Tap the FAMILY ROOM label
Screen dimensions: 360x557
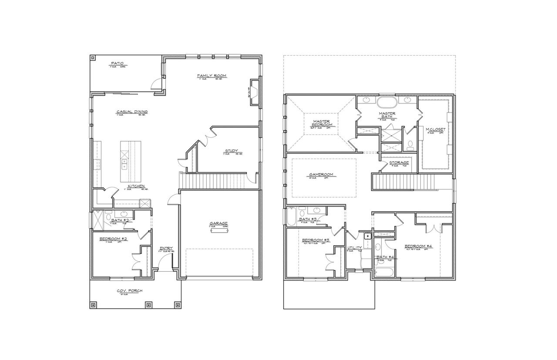211,76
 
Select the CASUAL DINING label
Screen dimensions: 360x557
132,112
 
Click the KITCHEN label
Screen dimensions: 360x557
136,186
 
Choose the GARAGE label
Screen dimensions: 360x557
218,223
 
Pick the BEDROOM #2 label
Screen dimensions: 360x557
113,239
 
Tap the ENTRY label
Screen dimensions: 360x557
166,248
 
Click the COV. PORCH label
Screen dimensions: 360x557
129,291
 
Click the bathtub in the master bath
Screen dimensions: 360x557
386,103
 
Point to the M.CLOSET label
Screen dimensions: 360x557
435,129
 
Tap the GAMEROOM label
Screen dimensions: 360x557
321,174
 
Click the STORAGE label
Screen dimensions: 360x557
399,163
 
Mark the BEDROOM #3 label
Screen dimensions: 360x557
315,240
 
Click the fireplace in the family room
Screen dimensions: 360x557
255,91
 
